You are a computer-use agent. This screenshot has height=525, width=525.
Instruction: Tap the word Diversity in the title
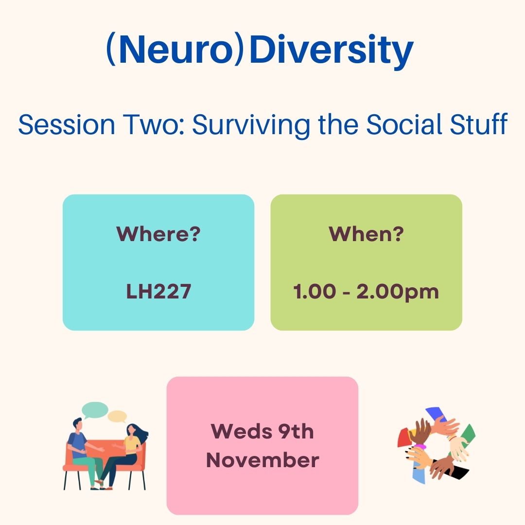click(331, 51)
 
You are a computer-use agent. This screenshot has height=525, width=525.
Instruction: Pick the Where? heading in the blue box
click(158, 234)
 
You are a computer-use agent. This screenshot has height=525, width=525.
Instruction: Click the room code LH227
click(158, 292)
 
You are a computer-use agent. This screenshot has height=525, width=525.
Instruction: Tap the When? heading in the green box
click(366, 234)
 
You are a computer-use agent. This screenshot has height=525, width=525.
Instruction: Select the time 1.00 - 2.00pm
click(366, 292)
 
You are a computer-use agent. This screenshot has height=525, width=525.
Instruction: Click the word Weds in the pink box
click(235, 431)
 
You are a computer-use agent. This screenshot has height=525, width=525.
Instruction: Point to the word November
click(262, 460)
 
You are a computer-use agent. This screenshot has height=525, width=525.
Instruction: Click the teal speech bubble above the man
click(95, 410)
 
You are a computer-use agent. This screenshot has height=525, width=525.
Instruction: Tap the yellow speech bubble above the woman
click(117, 416)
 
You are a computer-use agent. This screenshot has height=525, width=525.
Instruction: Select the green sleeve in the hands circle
click(468, 433)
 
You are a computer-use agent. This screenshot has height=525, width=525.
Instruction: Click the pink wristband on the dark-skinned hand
click(420, 446)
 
